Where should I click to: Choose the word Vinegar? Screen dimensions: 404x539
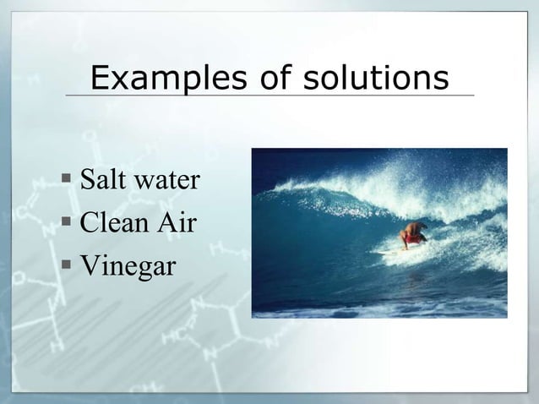[128, 267]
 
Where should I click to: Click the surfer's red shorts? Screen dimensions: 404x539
[413, 239]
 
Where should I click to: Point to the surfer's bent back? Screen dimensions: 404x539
[411, 227]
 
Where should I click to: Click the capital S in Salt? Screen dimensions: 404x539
[87, 180]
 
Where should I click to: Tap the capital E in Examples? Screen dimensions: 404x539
[100, 79]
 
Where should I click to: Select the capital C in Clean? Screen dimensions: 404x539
[90, 224]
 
